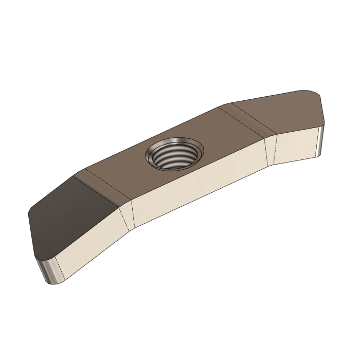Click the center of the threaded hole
(x=174, y=155)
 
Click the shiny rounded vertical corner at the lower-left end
(x=48, y=270)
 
